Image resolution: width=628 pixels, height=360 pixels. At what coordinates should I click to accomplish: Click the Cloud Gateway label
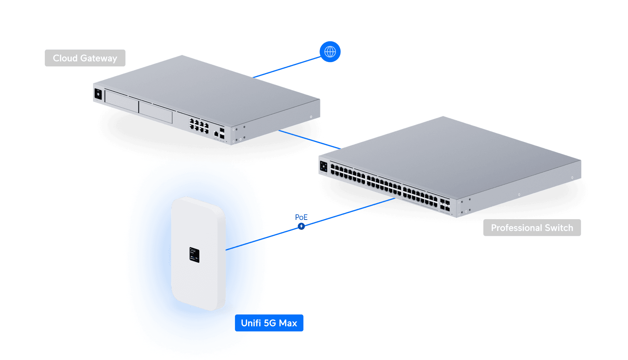click(85, 58)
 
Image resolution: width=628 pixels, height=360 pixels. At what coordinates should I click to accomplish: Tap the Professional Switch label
click(532, 228)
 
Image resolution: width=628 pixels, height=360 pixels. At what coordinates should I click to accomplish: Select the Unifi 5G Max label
click(269, 323)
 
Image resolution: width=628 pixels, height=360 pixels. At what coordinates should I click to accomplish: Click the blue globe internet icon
click(330, 52)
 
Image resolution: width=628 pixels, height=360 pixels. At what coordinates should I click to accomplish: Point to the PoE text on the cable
click(301, 217)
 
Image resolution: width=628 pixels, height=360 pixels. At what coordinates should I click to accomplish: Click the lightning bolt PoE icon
click(301, 226)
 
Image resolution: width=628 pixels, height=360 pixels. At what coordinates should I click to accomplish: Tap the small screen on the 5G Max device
click(194, 255)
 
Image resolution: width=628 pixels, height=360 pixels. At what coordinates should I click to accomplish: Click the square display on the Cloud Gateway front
click(98, 94)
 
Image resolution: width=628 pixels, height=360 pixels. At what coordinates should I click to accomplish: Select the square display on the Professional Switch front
click(324, 166)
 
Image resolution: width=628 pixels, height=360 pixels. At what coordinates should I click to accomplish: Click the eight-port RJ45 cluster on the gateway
click(199, 126)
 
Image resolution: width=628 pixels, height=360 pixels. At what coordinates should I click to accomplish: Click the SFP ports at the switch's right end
click(445, 205)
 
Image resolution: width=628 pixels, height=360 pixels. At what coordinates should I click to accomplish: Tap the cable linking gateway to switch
click(309, 139)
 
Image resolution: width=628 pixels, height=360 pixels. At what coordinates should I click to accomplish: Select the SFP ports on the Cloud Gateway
click(222, 133)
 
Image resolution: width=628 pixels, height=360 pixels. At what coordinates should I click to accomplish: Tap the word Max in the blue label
click(288, 323)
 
